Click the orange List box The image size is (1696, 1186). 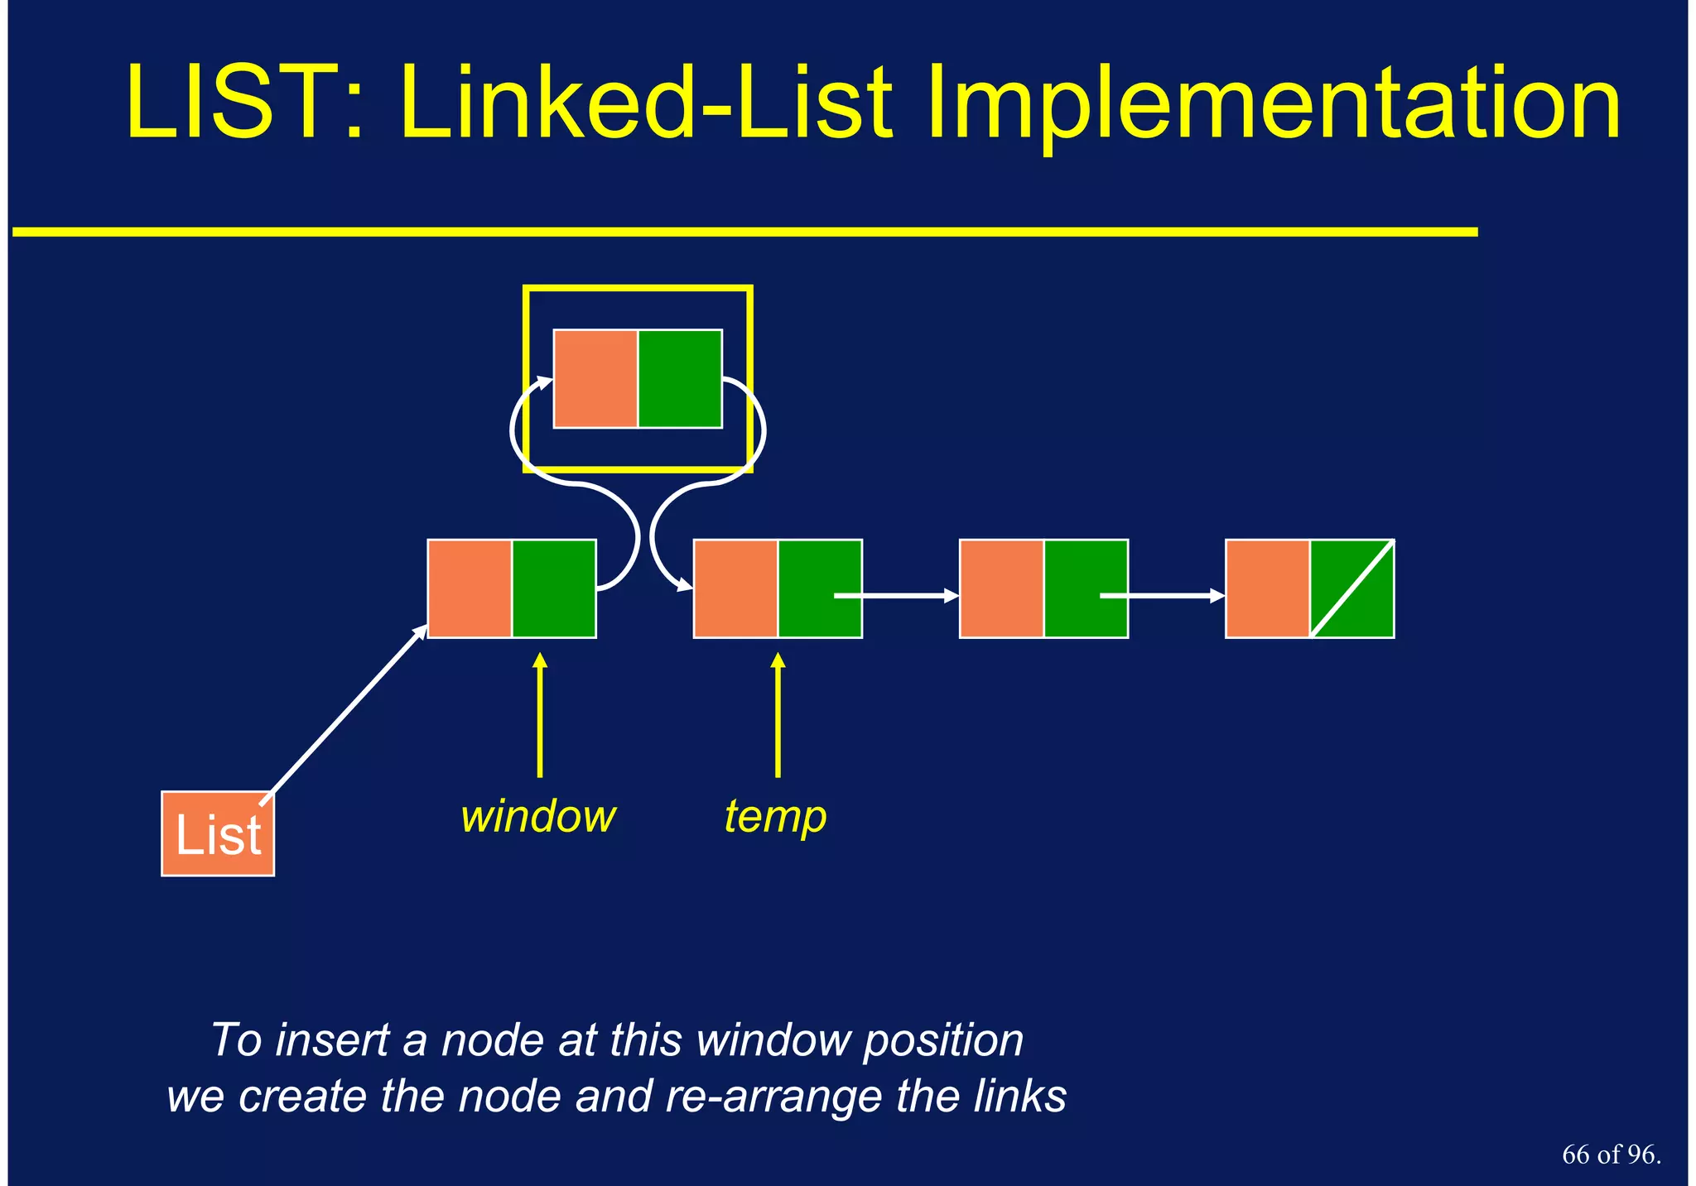click(217, 833)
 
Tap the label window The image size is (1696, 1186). click(538, 817)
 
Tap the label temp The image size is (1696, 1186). click(775, 817)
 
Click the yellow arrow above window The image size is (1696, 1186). click(540, 716)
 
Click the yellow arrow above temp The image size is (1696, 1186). click(778, 716)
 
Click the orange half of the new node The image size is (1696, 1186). click(595, 379)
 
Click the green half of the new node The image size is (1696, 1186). click(680, 379)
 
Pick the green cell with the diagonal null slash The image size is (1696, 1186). click(1352, 588)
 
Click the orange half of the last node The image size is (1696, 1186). click(1268, 588)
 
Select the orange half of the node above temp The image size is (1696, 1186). click(735, 588)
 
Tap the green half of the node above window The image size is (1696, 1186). click(554, 588)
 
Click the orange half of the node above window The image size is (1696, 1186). click(470, 588)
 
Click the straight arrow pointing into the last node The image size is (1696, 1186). click(1164, 596)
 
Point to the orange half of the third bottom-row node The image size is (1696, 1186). click(1002, 588)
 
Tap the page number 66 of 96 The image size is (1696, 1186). click(1611, 1155)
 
